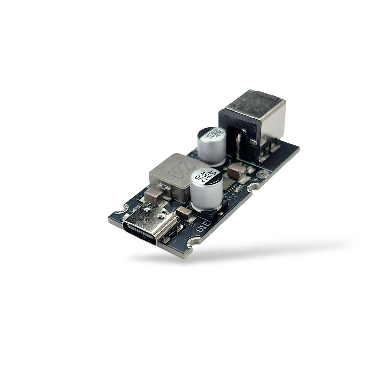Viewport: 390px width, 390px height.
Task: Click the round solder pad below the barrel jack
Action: [261, 175]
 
